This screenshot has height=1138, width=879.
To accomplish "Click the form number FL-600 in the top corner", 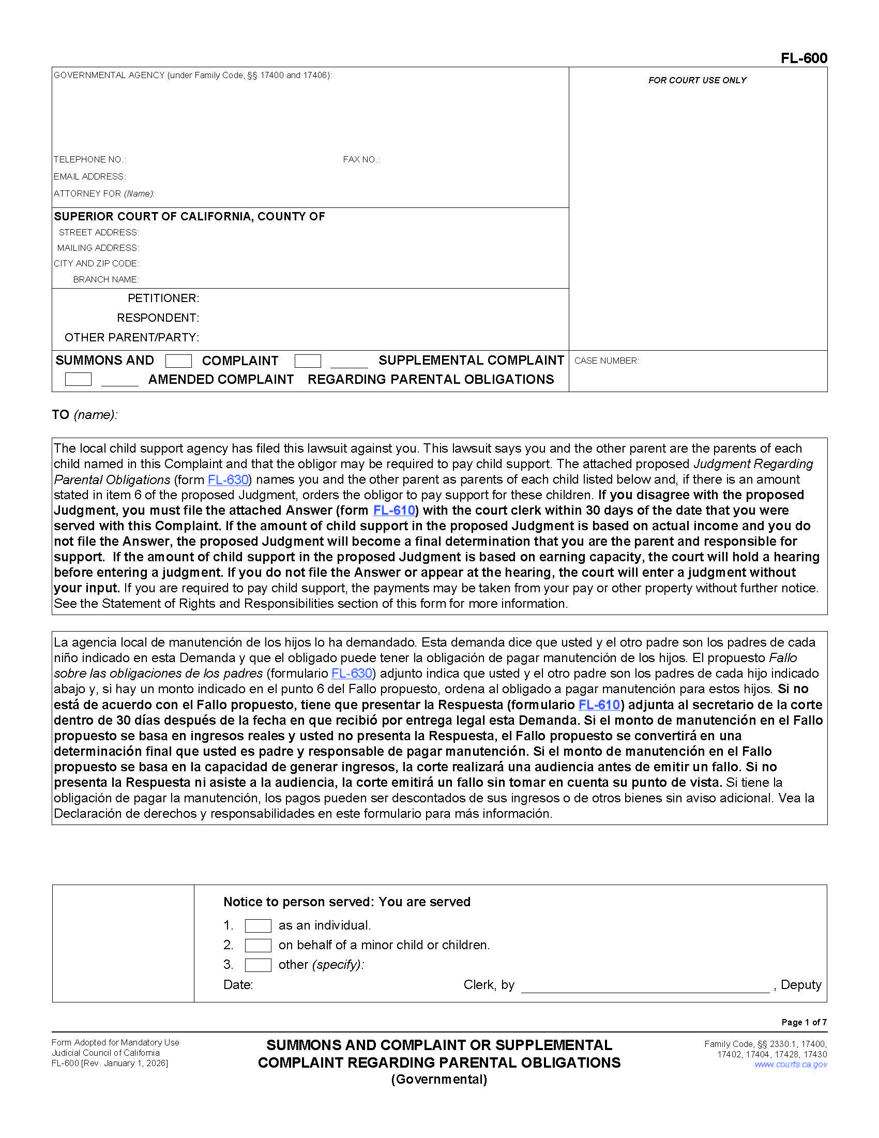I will [804, 58].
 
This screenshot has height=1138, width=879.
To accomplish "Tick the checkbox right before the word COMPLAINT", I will [178, 361].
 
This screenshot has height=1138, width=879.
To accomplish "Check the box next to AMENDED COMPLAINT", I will [78, 379].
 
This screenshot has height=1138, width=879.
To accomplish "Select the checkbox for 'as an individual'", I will [258, 925].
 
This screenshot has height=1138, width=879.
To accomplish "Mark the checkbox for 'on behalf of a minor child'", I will [258, 945].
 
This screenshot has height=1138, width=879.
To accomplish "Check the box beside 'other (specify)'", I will [258, 965].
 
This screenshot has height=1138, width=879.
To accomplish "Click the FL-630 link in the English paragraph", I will [228, 480].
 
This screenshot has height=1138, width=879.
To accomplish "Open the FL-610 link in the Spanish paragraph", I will [599, 705].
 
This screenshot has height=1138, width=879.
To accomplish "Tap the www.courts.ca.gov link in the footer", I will [791, 1065].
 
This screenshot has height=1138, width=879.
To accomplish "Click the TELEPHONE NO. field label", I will [89, 159].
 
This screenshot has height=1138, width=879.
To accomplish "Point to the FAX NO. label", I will [361, 159].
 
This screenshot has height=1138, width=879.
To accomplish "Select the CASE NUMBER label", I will [606, 361].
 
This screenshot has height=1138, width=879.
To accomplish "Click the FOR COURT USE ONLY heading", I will [697, 80].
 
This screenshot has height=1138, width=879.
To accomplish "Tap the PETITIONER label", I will [163, 298].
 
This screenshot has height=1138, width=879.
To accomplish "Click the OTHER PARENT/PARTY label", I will [132, 338].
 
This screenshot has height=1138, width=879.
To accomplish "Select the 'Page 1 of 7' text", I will [804, 1022].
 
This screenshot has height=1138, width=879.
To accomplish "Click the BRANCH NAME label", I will [105, 279].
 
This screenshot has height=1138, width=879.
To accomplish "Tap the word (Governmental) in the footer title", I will [439, 1079].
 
